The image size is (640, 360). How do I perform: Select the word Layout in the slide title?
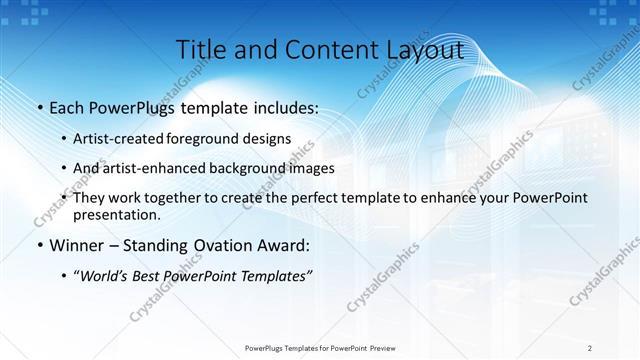click(x=421, y=49)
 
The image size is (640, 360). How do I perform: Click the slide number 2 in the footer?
click(x=590, y=348)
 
